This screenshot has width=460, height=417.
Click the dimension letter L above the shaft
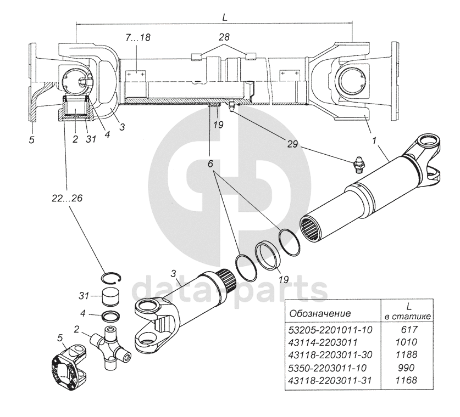point(225,17)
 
